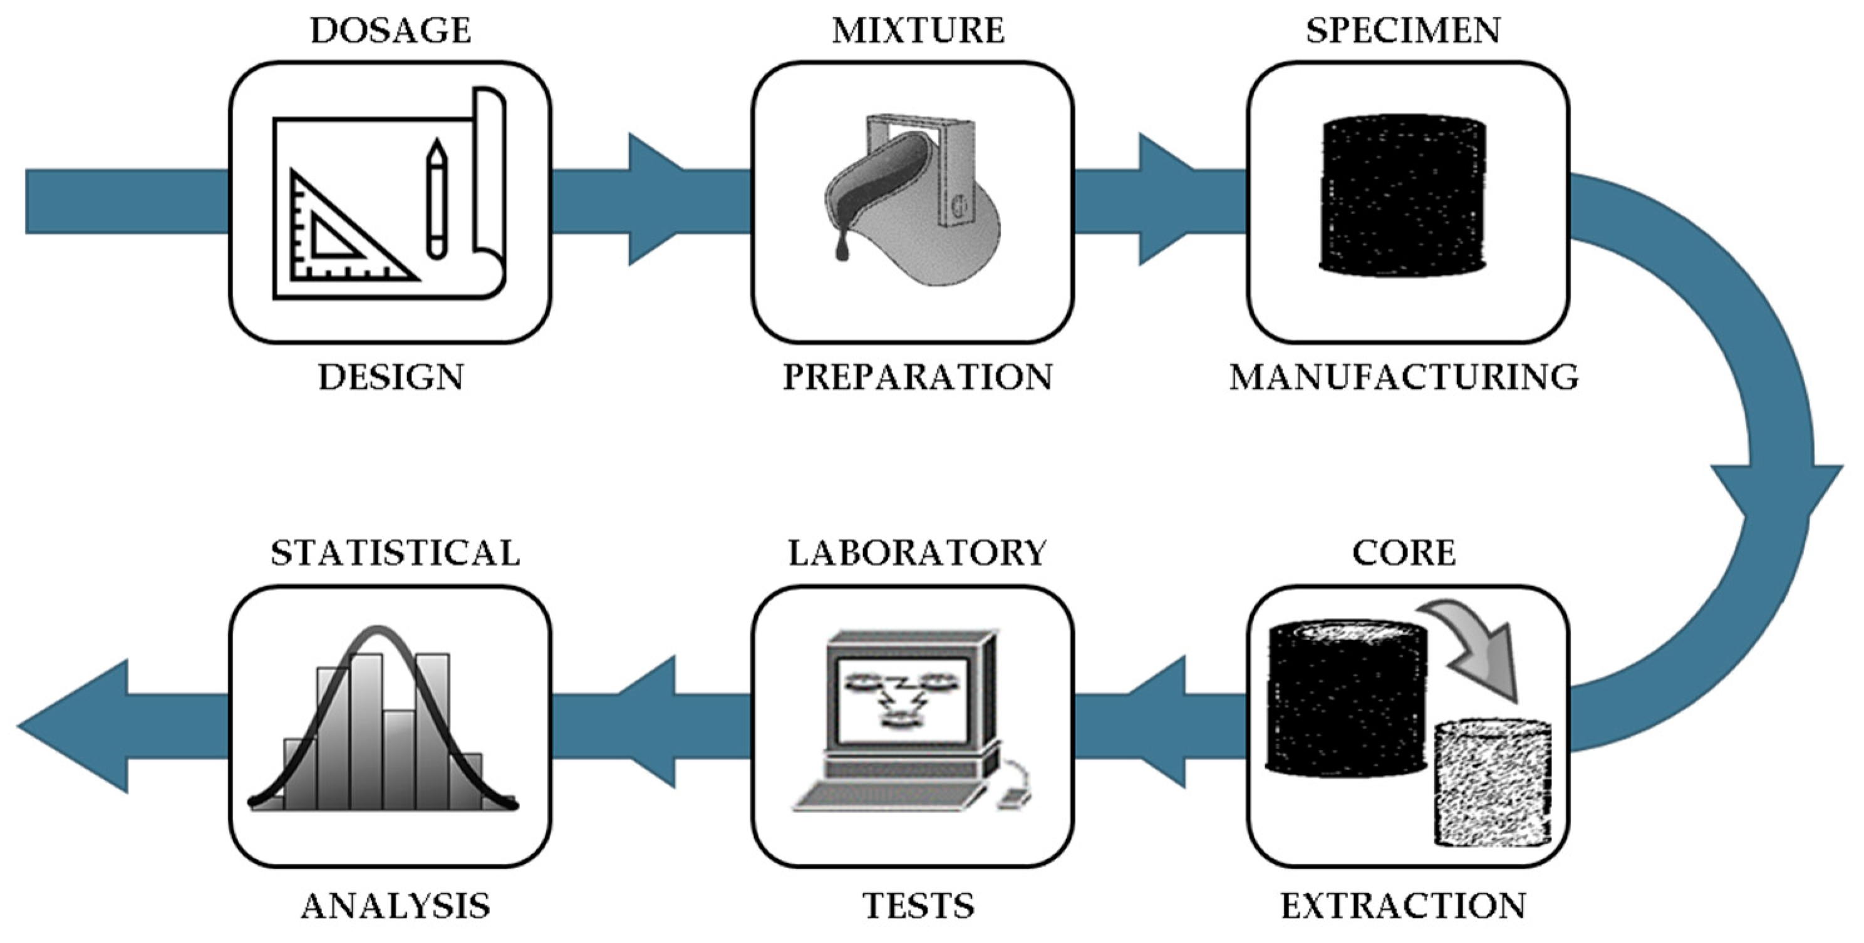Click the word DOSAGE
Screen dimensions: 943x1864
tap(390, 31)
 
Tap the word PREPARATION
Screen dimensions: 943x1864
tap(918, 378)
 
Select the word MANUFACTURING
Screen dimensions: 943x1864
tap(1404, 378)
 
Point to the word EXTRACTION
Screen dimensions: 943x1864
tap(1404, 905)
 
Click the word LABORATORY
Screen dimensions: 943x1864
tap(918, 554)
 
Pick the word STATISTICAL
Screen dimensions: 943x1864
tap(395, 554)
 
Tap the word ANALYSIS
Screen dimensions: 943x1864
tap(395, 905)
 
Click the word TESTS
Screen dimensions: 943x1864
tap(918, 905)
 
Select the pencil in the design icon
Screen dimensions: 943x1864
tap(437, 199)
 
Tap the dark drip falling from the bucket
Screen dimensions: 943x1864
tap(842, 249)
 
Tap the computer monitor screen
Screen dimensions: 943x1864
tap(901, 699)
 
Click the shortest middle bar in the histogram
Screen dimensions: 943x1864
tap(399, 760)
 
